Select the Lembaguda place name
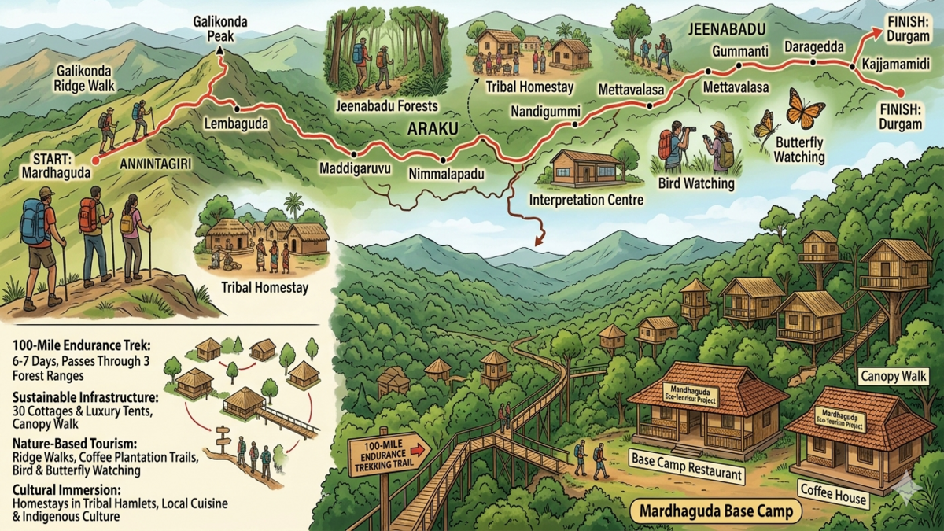(235, 124)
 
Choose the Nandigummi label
(545, 110)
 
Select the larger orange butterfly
(805, 109)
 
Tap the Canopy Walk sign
(893, 377)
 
